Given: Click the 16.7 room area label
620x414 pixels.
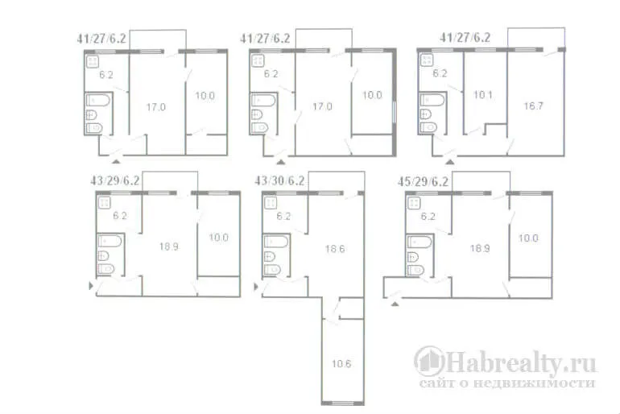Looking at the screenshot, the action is pyautogui.click(x=533, y=106).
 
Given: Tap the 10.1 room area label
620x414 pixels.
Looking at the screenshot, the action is pyautogui.click(x=483, y=95).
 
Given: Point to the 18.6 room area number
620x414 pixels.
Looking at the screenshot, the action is pyautogui.click(x=335, y=249).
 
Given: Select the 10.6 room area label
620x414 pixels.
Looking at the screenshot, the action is pyautogui.click(x=341, y=364).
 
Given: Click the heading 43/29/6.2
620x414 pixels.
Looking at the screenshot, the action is pyautogui.click(x=114, y=180).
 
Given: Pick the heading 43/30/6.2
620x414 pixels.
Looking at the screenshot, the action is pyautogui.click(x=279, y=180).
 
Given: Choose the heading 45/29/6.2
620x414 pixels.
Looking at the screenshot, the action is pyautogui.click(x=423, y=181).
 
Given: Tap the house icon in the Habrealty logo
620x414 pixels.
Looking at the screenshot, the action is pyautogui.click(x=429, y=362).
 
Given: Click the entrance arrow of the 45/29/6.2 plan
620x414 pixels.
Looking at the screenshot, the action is pyautogui.click(x=395, y=304).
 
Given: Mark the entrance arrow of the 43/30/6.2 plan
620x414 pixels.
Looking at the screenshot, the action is pyautogui.click(x=256, y=286).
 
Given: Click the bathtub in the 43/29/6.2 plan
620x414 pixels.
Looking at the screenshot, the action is pyautogui.click(x=110, y=241).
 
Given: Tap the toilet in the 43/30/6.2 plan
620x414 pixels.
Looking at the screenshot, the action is pyautogui.click(x=272, y=270).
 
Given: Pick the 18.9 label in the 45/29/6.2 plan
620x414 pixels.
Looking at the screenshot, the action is pyautogui.click(x=480, y=248).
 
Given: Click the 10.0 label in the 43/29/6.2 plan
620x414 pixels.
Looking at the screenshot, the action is pyautogui.click(x=219, y=238).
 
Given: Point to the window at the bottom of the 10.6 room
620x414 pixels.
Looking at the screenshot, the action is pyautogui.click(x=343, y=403).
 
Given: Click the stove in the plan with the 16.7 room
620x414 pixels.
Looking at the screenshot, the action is pyautogui.click(x=427, y=60).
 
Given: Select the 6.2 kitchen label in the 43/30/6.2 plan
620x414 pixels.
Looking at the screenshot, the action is pyautogui.click(x=283, y=217).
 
